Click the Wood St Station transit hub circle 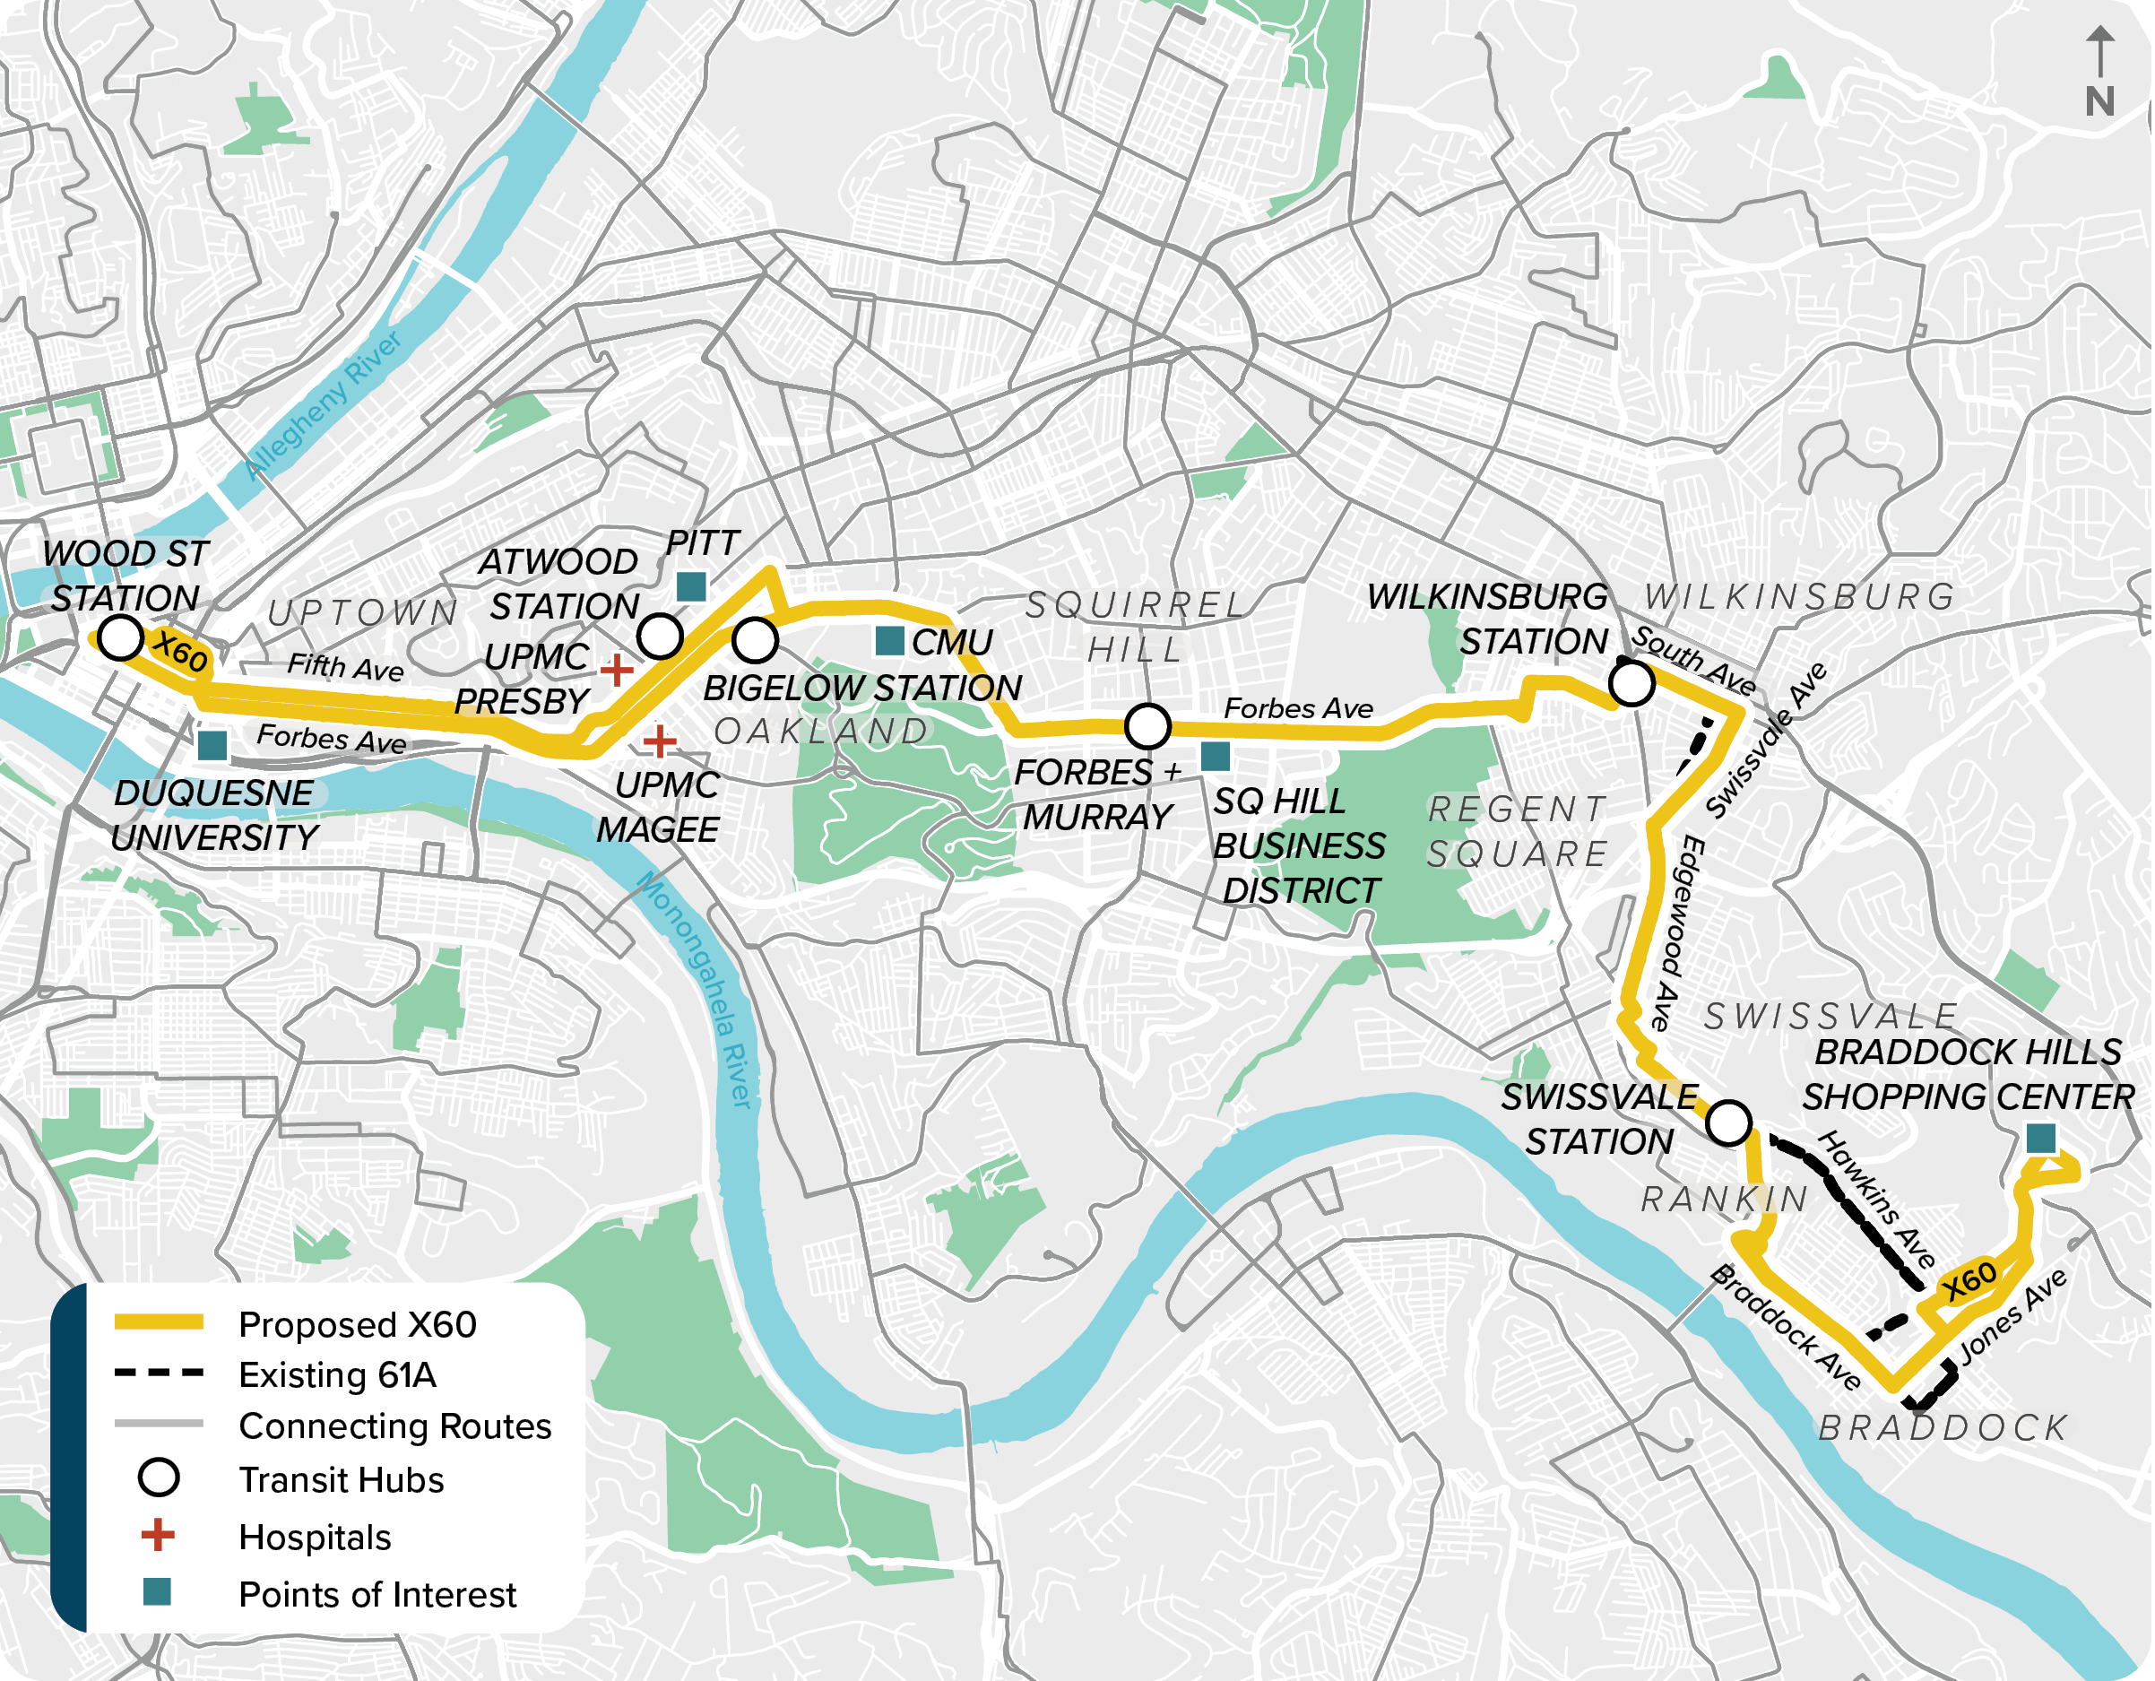[x=121, y=637]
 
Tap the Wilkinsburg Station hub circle [x=1632, y=683]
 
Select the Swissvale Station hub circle [x=1728, y=1123]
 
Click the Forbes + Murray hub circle [x=1147, y=726]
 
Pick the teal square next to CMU [x=890, y=641]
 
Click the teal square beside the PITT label [x=691, y=586]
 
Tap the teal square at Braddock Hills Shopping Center [x=2040, y=1138]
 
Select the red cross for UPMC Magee [x=659, y=741]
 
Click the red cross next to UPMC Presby [x=617, y=669]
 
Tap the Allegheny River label [x=324, y=406]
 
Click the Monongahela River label [x=696, y=987]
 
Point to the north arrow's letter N [x=2099, y=101]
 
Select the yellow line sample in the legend [x=159, y=1322]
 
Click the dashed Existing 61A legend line [x=159, y=1373]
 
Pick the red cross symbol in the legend [x=158, y=1535]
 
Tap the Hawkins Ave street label [x=1875, y=1200]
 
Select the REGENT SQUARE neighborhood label [x=1518, y=831]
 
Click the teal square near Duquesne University [x=212, y=745]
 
